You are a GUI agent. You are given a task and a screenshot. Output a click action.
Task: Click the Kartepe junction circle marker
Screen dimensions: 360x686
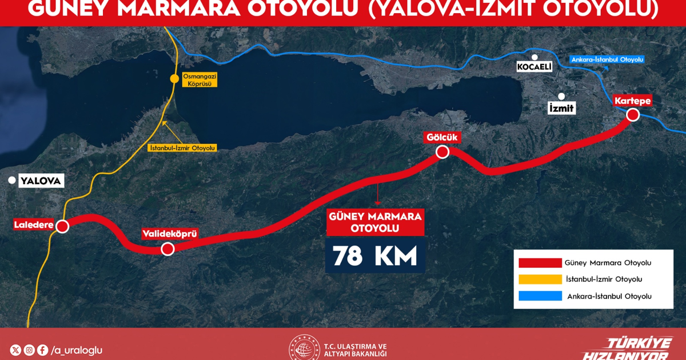633,115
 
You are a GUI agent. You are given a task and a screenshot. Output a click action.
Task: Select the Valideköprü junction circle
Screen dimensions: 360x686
167,249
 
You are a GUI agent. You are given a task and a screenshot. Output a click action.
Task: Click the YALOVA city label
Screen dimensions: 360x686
40,182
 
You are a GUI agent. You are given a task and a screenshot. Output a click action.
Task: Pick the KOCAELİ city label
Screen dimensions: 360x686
534,67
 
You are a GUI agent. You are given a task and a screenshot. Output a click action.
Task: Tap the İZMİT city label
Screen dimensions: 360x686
561,107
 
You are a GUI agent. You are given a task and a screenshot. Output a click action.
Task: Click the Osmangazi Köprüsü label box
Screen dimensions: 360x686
197,80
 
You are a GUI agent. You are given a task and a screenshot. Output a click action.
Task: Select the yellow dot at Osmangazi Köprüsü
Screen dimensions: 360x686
174,79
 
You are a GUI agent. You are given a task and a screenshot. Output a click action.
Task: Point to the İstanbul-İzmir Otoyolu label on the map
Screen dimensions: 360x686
182,148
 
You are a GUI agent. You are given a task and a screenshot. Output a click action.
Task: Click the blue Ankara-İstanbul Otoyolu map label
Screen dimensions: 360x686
607,59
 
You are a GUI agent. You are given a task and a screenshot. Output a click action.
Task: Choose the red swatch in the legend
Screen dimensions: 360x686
540,263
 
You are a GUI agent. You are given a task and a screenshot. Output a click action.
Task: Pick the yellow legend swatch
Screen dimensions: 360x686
540,279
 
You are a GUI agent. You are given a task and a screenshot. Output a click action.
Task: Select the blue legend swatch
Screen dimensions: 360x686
540,296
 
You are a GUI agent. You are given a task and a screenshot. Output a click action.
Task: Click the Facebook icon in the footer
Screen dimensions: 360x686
42,350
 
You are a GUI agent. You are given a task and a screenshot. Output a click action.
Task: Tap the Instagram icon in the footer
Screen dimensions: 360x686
29,350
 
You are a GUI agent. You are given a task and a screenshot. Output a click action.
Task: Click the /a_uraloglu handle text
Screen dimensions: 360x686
77,350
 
